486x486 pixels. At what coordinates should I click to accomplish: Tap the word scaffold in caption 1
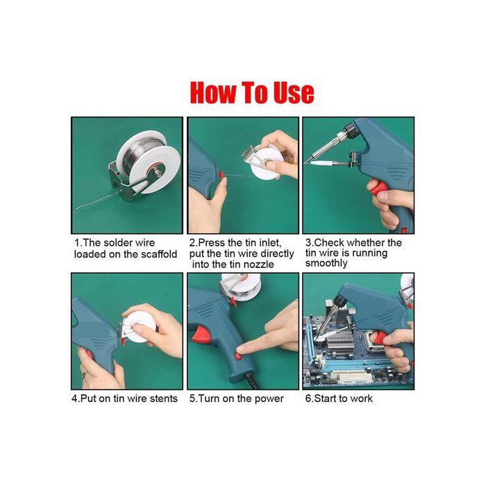click(x=159, y=254)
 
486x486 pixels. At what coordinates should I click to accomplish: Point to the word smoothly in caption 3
click(x=326, y=263)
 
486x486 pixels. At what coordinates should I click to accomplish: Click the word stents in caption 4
click(x=163, y=399)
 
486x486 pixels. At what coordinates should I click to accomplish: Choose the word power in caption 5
click(x=269, y=399)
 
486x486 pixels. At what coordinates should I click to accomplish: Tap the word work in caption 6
click(x=362, y=399)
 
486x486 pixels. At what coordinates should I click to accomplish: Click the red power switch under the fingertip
click(x=237, y=356)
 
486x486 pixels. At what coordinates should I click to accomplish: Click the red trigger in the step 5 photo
click(x=199, y=336)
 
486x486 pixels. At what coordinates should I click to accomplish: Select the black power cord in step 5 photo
click(x=251, y=382)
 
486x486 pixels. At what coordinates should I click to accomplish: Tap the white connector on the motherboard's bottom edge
click(x=355, y=378)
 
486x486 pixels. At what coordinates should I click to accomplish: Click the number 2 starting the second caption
click(x=192, y=243)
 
